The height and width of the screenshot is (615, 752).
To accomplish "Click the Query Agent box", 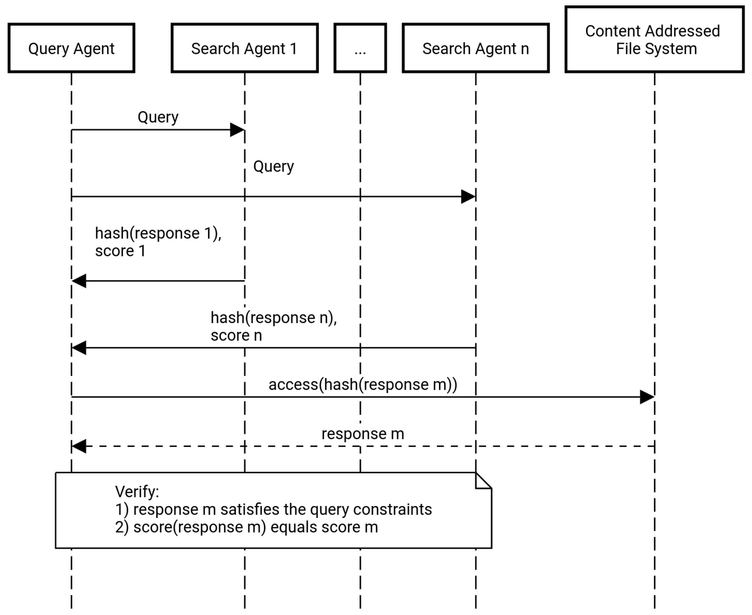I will point(71,48).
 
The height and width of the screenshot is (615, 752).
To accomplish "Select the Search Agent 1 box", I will point(244,48).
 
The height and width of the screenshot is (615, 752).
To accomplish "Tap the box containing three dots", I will point(360,48).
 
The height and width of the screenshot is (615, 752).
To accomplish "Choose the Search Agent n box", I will point(476,48).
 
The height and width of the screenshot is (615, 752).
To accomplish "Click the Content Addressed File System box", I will point(654,39).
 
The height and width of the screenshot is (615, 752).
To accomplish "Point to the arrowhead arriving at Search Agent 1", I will point(237,130).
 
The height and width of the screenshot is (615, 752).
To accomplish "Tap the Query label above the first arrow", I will point(158,117).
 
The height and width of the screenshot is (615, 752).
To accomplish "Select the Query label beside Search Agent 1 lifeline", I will point(273,166).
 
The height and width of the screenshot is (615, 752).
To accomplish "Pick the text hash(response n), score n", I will point(273,326).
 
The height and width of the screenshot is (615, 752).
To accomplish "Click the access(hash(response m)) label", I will point(362,384).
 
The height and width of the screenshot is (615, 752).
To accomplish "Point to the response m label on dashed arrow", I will point(362,434).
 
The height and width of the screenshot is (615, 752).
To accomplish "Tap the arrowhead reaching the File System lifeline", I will point(647,397).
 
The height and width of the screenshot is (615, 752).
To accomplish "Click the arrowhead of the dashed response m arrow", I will point(79,446).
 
